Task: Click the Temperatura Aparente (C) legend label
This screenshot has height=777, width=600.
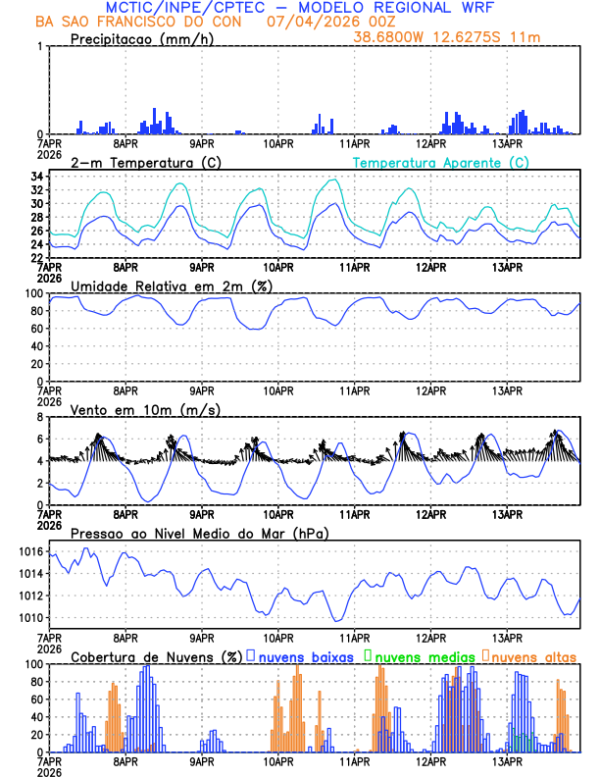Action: click(441, 162)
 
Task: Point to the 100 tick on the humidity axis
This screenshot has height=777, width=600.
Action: click(31, 293)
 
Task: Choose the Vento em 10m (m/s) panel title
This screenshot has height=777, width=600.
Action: click(132, 408)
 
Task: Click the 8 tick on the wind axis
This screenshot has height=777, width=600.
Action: click(38, 417)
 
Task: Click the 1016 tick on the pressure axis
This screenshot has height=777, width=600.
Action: click(28, 552)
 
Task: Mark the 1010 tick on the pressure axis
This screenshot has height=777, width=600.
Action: click(28, 618)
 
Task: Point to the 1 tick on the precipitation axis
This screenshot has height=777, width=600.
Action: click(38, 47)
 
